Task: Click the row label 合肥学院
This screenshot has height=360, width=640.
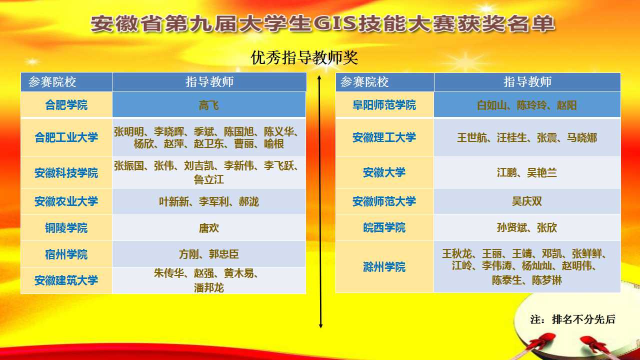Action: coord(66,105)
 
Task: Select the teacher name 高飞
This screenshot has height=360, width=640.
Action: coord(209,105)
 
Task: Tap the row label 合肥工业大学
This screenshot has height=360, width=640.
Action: coord(66,137)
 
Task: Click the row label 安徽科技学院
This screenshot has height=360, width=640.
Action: coord(66,173)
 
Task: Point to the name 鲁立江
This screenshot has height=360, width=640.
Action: coord(209,179)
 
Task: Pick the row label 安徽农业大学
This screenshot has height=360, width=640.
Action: coord(66,201)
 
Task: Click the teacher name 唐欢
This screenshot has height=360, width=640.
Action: coord(209,228)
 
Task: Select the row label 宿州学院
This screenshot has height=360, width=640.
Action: coord(66,254)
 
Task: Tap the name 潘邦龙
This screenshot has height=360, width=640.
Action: coord(209,287)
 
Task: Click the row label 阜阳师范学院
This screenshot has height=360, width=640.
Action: coord(384,105)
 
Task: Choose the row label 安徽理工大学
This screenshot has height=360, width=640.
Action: coord(384,137)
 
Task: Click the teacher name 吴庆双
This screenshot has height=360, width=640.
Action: coord(527,201)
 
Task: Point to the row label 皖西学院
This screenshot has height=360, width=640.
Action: coord(384,227)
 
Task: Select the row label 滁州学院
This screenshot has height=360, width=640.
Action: coord(384,267)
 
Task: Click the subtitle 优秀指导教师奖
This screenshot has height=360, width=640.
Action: coord(304,57)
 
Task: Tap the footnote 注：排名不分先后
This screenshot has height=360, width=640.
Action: coord(573,319)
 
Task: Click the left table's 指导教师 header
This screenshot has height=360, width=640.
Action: coord(209,82)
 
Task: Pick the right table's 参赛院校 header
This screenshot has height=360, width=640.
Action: coord(364,82)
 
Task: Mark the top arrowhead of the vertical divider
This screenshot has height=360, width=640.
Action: coord(319,77)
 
